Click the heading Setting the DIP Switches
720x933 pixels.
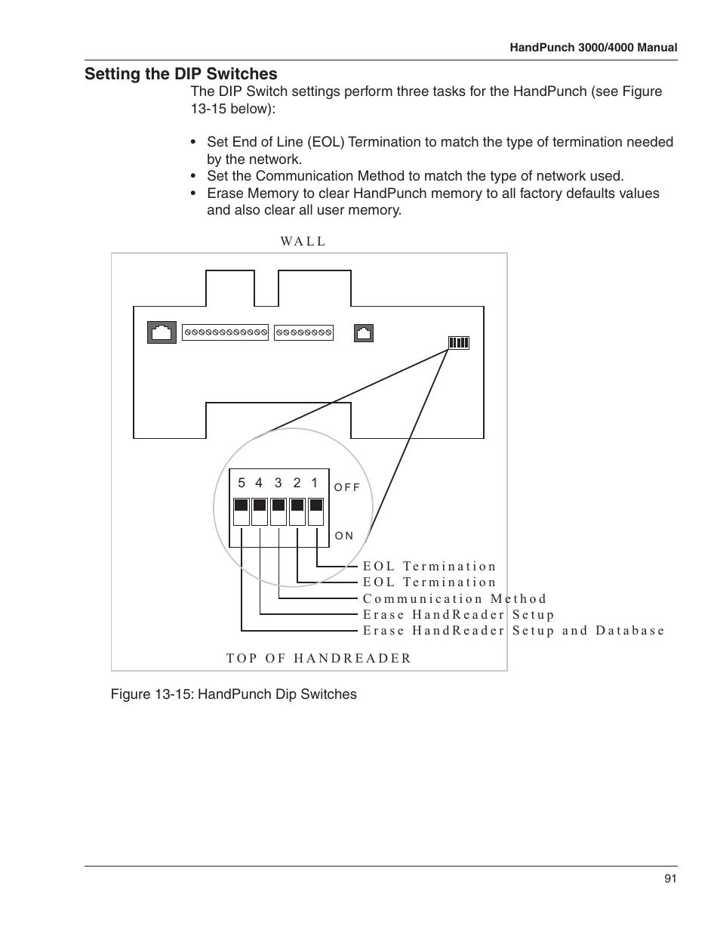[180, 74]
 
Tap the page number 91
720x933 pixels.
[670, 878]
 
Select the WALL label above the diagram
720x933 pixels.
[303, 242]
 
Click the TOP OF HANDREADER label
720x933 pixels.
[318, 658]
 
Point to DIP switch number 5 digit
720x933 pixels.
[242, 483]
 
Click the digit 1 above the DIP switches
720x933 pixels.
[315, 483]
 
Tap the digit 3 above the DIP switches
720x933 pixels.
[278, 483]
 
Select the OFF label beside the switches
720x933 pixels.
[347, 487]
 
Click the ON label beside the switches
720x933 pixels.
[344, 536]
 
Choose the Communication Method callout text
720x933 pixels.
[454, 599]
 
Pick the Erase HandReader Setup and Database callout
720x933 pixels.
[513, 631]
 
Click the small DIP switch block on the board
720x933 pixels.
[459, 342]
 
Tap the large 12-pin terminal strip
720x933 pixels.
[225, 332]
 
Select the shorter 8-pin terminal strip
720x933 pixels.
[303, 332]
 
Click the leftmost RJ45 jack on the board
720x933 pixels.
[162, 332]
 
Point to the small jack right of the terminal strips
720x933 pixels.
[364, 332]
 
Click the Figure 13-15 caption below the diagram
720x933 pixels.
[233, 694]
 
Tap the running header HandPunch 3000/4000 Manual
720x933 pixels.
[593, 48]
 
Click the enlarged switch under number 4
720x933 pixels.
[260, 511]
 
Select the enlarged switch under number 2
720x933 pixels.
[297, 511]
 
